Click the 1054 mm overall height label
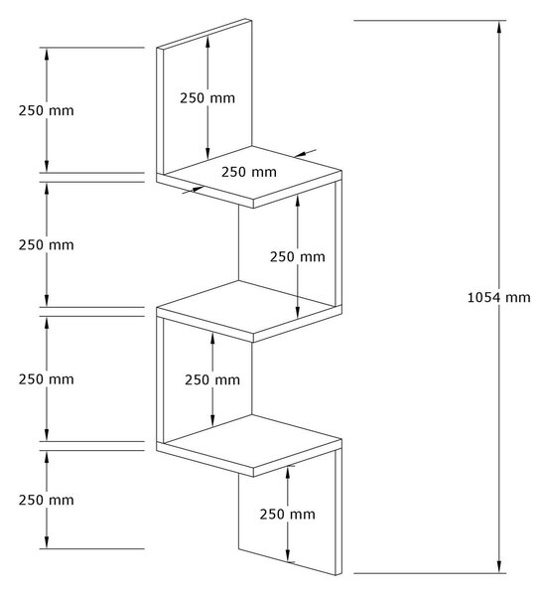coord(498,297)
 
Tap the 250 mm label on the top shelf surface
coord(249,172)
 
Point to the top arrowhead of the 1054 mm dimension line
coord(498,27)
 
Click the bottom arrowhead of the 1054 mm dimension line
coord(498,566)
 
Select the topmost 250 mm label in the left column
coord(46,110)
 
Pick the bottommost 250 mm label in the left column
coord(46,500)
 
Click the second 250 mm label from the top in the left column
coord(46,244)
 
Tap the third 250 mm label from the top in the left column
coord(46,379)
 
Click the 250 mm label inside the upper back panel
coord(207,98)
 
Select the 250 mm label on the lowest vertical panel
coord(288,515)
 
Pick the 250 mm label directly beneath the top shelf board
coord(298,257)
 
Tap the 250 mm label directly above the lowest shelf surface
coord(212,379)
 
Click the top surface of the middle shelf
coord(249,307)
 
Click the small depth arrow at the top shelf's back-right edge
coord(305,153)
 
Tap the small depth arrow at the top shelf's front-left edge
coord(193,190)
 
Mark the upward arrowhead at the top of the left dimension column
coord(47,55)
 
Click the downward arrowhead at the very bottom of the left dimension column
coord(47,541)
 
